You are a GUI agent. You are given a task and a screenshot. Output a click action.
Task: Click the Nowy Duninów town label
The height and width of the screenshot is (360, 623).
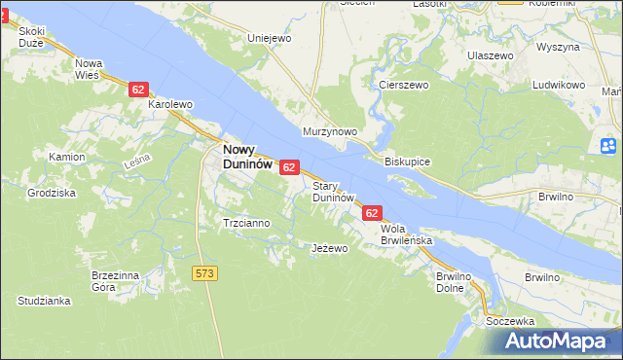pos(246,157)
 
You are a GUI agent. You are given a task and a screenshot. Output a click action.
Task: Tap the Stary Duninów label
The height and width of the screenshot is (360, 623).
pos(331,191)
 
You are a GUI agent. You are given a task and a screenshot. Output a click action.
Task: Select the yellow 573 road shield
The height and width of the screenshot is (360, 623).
pos(204,273)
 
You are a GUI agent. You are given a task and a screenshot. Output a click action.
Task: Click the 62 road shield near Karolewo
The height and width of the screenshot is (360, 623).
pos(137,90)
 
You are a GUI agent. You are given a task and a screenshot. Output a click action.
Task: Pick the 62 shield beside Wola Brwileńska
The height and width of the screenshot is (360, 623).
pos(372,212)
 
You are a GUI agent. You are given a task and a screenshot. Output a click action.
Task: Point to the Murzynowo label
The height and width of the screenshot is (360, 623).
pos(331,131)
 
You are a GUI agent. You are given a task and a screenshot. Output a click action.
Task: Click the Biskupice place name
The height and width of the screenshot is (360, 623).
pos(408,161)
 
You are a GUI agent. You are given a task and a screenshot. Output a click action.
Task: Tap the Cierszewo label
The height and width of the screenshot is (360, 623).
pos(404,85)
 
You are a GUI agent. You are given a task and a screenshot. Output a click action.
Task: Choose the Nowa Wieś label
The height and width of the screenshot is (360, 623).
pos(90,69)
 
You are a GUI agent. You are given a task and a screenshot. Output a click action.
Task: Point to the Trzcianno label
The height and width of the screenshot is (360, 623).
pos(246,223)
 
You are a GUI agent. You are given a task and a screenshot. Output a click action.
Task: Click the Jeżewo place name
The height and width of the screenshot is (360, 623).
pos(329,248)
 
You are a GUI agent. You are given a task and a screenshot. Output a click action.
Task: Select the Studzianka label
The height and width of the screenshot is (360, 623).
pos(44,302)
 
